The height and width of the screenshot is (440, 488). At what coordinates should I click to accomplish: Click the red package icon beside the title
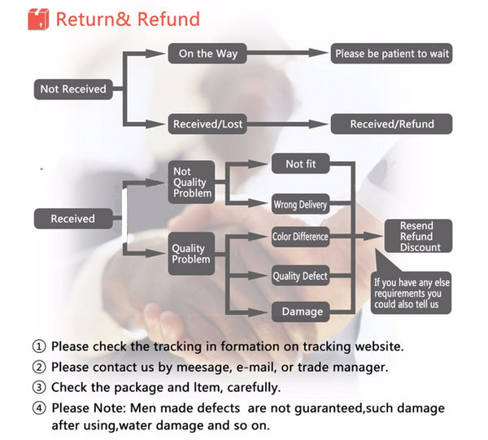[x=37, y=20]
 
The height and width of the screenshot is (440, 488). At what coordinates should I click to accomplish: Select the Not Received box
[x=73, y=89]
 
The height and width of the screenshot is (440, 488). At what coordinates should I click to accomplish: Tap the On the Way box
[x=207, y=54]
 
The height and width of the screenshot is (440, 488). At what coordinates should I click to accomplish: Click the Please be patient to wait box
[x=392, y=54]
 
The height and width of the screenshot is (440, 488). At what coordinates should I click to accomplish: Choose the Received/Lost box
[x=207, y=124]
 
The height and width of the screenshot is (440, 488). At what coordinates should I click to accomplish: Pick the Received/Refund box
[x=392, y=124]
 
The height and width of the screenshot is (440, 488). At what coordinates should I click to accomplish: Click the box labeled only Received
[x=72, y=219]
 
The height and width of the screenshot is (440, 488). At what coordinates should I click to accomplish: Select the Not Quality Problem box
[x=192, y=182]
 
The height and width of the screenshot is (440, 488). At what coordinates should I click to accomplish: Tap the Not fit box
[x=300, y=164]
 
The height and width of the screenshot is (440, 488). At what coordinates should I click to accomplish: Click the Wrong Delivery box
[x=300, y=204]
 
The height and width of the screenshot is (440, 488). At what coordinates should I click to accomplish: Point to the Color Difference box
[x=300, y=237]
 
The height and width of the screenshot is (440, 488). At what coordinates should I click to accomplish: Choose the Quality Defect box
[x=300, y=277]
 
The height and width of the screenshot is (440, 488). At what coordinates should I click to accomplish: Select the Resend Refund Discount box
[x=420, y=237]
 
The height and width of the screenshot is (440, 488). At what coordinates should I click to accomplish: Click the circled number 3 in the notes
[x=38, y=388]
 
